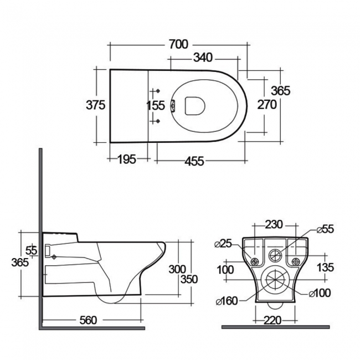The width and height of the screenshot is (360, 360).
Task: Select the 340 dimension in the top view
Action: click(x=204, y=57)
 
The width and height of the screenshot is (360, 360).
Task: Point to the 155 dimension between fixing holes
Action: click(x=156, y=105)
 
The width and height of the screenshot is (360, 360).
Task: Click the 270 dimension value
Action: click(x=266, y=105)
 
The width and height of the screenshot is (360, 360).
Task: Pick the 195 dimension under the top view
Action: click(x=126, y=160)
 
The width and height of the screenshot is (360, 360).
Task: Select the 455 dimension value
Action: click(x=194, y=161)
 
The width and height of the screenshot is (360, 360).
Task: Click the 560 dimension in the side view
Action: click(x=88, y=320)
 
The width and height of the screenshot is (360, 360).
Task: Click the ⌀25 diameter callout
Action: click(x=223, y=244)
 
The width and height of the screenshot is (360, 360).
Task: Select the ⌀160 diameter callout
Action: click(x=226, y=301)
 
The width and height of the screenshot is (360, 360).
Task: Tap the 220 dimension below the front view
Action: click(x=272, y=320)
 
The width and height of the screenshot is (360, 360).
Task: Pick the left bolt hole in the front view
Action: click(x=255, y=261)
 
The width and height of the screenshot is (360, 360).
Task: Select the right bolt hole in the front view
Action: click(x=294, y=261)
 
